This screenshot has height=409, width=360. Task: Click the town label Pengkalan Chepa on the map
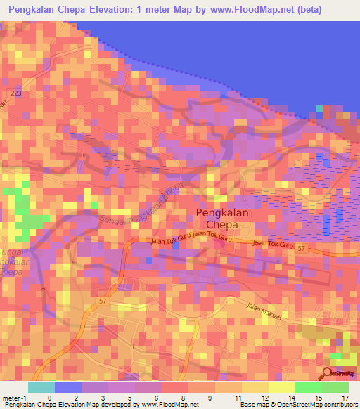click(x=217, y=219)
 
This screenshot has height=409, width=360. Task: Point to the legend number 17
click(x=344, y=397)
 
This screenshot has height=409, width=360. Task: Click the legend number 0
click(x=49, y=397)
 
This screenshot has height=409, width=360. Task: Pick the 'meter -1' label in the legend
click(x=15, y=397)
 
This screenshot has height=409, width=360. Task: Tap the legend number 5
click(x=129, y=397)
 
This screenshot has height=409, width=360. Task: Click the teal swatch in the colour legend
click(x=41, y=387)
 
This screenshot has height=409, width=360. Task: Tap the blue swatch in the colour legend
click(x=68, y=387)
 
